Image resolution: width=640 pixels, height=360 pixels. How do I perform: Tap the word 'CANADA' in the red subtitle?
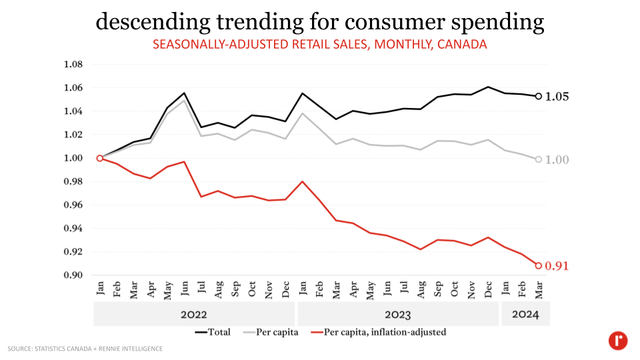(x=464, y=45)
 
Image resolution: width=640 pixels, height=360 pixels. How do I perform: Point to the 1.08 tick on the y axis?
(x=73, y=65)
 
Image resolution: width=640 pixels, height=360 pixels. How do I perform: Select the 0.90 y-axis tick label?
(x=73, y=275)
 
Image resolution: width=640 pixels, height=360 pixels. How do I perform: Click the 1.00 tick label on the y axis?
(x=73, y=158)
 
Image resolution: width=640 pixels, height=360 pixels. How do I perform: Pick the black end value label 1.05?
(x=557, y=97)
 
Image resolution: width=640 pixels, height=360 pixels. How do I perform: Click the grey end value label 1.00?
(x=557, y=160)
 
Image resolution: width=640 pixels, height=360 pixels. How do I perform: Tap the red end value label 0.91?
(x=557, y=266)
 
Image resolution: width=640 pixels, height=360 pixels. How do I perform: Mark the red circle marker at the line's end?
(x=539, y=265)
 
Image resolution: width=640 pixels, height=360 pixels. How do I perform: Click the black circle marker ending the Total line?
(x=539, y=96)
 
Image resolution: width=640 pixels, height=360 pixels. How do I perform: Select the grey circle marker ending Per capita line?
(x=539, y=159)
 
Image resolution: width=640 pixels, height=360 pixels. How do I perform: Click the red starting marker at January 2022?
(x=100, y=158)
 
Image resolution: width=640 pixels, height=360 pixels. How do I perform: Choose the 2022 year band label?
(x=193, y=315)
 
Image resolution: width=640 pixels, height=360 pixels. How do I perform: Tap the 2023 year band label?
(x=397, y=315)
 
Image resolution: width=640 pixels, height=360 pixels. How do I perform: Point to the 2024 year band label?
(x=525, y=315)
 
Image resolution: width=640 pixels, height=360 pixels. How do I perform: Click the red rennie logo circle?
(x=618, y=341)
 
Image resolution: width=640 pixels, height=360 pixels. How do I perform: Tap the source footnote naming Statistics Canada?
(x=85, y=349)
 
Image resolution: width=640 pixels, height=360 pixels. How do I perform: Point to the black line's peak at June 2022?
(x=184, y=93)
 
